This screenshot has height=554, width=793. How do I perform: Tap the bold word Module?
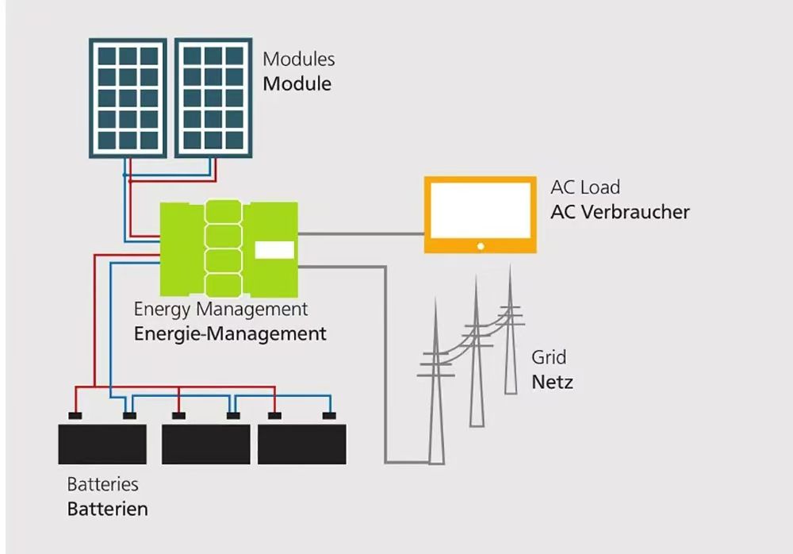[x=297, y=83]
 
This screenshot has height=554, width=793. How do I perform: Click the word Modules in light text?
[x=299, y=60]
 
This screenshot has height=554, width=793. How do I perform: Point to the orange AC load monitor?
[x=480, y=214]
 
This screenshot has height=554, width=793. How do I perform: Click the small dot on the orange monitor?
[x=481, y=247]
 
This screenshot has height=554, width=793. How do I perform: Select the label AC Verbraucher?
[x=620, y=213]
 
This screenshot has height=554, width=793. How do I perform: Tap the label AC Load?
[x=585, y=188]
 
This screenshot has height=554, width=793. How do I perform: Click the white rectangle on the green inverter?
[x=274, y=250]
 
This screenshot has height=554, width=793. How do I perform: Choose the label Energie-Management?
[x=230, y=334]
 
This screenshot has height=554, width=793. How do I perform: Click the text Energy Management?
[x=220, y=310]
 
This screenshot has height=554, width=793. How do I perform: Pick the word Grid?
[x=550, y=357]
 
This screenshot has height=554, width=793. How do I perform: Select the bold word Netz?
[x=552, y=383]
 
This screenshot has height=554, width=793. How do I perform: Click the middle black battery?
[x=205, y=443]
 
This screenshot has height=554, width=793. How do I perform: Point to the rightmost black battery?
[x=302, y=443]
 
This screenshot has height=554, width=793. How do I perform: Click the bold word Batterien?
[x=107, y=510]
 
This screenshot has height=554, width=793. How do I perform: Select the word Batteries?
[x=103, y=484]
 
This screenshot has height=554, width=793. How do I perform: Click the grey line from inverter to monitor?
[x=361, y=234]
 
